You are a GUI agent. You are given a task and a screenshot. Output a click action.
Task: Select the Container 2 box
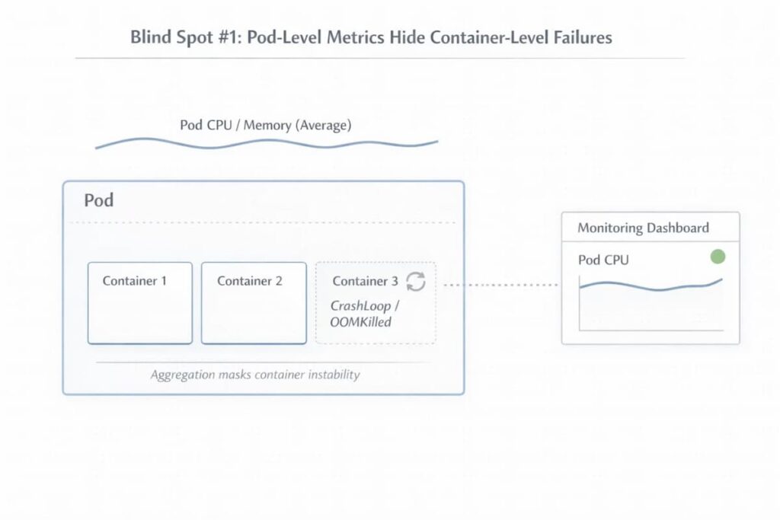(254, 303)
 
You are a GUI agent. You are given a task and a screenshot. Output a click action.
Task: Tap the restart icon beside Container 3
(416, 281)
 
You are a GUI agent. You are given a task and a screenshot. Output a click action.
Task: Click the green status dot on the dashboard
(717, 257)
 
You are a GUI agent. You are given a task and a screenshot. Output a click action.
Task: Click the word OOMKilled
(360, 322)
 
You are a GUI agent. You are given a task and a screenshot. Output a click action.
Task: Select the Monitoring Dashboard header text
(643, 228)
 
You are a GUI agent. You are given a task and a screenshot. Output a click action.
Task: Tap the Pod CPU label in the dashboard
(603, 260)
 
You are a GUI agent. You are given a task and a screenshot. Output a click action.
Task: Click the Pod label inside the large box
(99, 200)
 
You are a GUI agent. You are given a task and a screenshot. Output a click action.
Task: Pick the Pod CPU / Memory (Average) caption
(265, 125)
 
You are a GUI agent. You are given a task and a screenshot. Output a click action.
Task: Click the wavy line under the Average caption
(267, 143)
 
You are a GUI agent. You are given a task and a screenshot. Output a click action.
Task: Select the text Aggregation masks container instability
(255, 375)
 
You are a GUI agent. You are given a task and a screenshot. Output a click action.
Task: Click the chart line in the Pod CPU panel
(647, 287)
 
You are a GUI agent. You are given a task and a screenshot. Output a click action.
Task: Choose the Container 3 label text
(365, 281)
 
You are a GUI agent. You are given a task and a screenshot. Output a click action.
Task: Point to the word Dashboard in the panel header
(677, 228)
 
